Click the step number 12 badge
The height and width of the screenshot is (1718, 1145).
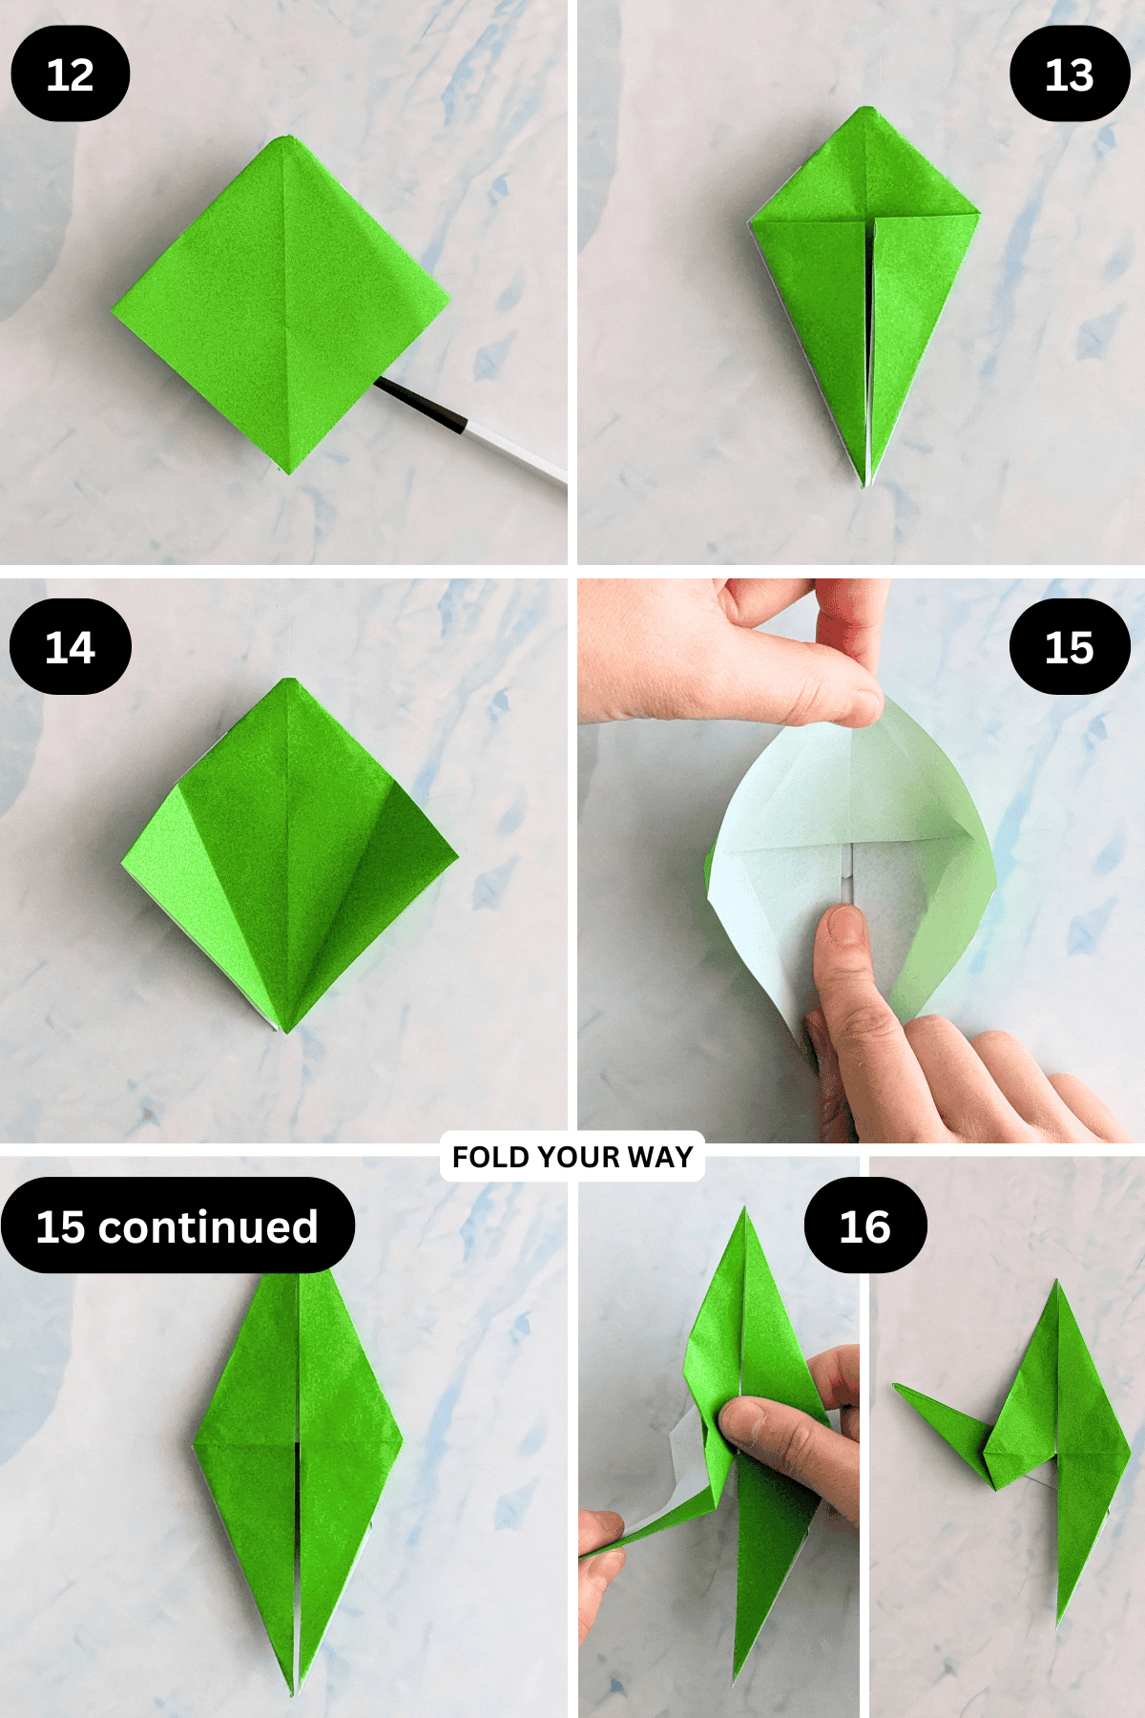pos(71,73)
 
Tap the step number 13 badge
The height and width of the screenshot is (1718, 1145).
pos(1070,73)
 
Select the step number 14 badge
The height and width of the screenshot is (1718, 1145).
pos(71,646)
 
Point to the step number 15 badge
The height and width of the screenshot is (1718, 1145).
pos(1070,646)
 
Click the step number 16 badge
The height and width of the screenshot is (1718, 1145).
pos(865,1226)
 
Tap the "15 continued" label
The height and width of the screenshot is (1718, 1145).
pos(177,1226)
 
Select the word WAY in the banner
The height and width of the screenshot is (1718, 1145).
pos(660,1157)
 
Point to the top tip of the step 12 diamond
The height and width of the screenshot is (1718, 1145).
pos(281,137)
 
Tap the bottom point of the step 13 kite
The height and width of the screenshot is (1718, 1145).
pos(866,485)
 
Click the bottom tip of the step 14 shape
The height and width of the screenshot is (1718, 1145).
pos(285,1031)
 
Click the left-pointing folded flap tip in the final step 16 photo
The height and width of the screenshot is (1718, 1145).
pos(895,1386)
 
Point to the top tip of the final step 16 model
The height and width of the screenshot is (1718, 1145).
pos(1057,1283)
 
